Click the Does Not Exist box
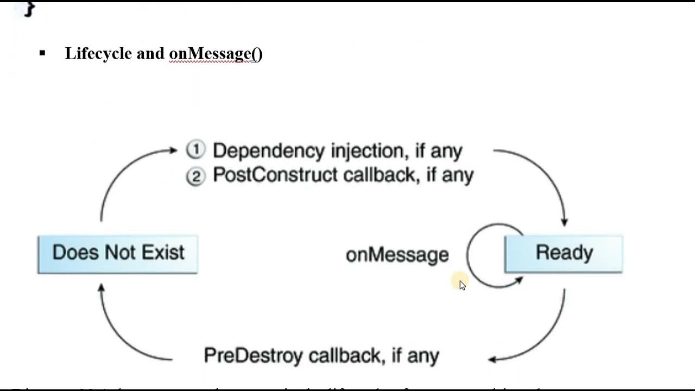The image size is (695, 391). click(x=118, y=254)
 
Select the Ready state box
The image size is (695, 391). click(x=564, y=254)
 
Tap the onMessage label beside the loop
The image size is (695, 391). click(x=397, y=255)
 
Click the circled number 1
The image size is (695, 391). click(x=195, y=149)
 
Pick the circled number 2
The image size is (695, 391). click(x=195, y=176)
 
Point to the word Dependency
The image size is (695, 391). click(x=269, y=151)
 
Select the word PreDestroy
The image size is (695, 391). click(x=252, y=356)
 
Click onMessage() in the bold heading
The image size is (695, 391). click(x=216, y=53)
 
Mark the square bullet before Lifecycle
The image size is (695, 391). click(x=42, y=53)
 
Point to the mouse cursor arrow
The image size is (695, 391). click(x=462, y=285)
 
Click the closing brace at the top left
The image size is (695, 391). click(x=29, y=8)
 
